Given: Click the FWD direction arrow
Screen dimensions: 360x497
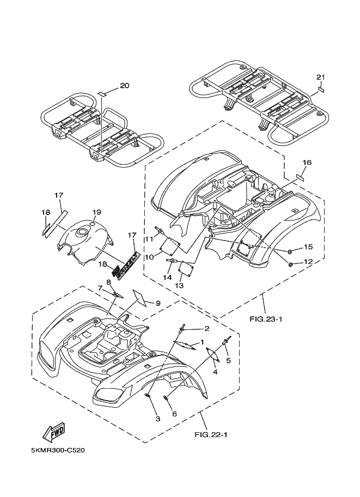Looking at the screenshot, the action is coord(54,432).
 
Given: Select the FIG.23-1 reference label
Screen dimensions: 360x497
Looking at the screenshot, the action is coord(266,319).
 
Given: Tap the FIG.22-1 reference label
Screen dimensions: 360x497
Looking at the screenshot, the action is coord(211,434).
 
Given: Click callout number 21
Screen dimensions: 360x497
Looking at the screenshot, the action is coord(321,77).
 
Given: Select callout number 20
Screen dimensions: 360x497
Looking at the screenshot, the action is coord(125,85).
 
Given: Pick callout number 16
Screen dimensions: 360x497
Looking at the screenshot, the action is coord(307,163).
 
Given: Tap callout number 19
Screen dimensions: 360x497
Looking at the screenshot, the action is coord(96,212).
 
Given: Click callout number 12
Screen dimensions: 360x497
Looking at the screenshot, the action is coord(308,262).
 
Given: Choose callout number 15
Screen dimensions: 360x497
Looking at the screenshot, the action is coord(308,247).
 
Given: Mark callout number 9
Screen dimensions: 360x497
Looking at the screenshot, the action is coord(158,303).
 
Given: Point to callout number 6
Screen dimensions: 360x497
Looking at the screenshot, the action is coord(174,414).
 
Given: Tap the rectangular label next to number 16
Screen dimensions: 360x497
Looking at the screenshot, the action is coord(300,176).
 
